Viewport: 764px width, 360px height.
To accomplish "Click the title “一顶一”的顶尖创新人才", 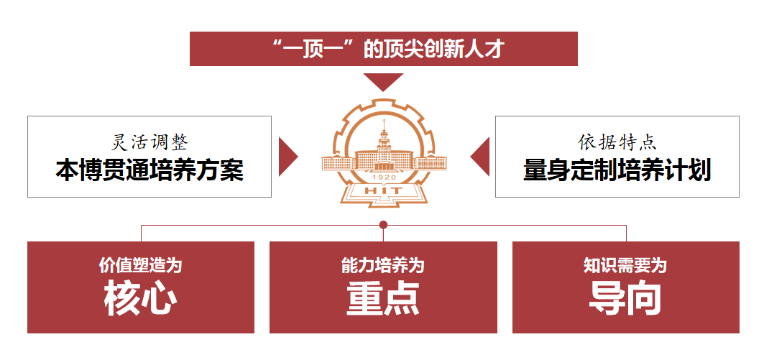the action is pos(384,49).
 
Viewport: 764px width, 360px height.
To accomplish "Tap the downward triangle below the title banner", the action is pos(383,80).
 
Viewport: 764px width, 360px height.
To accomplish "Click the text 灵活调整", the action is pos(149,141).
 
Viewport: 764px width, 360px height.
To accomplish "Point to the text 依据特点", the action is pos(617,141).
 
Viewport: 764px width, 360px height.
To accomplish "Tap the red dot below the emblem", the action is pos(383,225).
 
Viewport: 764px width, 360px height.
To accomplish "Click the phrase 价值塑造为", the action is pos(141,265).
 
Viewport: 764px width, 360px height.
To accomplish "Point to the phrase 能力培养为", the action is pos(383,265).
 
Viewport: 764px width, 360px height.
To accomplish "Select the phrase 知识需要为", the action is pos(625,265).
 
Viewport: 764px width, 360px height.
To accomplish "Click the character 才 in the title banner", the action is pos(496,49).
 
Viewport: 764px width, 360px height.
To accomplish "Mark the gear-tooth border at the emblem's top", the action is pos(384,105).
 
